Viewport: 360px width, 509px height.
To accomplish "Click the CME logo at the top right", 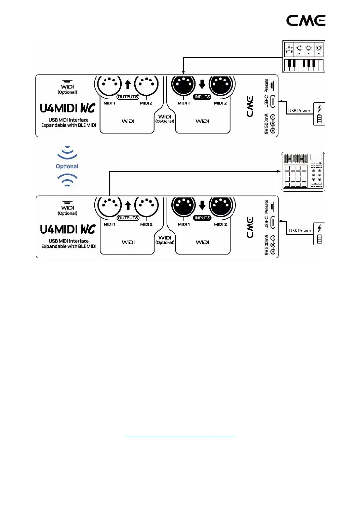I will point(305,20).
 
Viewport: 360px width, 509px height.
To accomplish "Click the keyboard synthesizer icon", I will point(304,57).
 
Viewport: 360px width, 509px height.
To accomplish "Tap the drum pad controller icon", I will point(304,171).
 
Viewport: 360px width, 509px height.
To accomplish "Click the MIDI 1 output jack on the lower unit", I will point(108,208).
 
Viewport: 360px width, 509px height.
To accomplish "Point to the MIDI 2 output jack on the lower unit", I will point(146,208).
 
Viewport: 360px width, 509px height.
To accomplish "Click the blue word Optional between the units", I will point(67,166).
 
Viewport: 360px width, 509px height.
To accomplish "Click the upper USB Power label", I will point(298,110).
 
